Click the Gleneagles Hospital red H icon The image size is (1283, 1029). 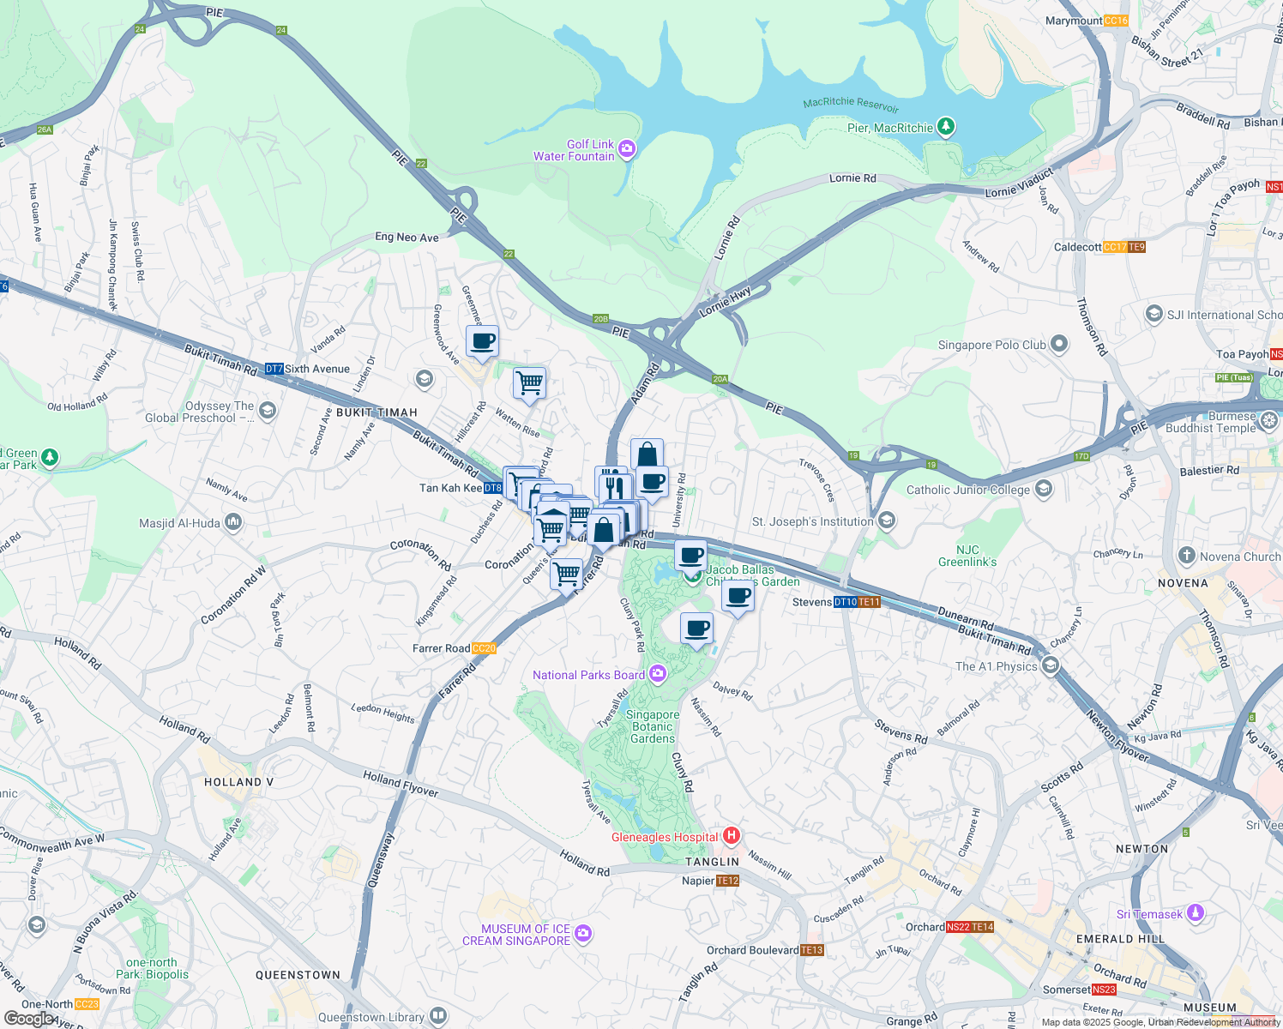tap(732, 835)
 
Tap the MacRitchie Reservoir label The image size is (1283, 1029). tap(851, 105)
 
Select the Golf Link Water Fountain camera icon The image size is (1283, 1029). tap(627, 149)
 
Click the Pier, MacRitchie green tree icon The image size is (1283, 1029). tap(946, 127)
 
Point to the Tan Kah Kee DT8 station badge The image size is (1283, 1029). tap(492, 488)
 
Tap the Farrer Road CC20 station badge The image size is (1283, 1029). tap(484, 648)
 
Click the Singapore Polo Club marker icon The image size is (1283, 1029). tap(1059, 345)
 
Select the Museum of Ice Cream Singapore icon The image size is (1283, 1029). tap(583, 933)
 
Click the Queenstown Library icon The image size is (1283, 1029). tap(438, 1017)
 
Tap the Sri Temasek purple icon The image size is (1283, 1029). tap(1195, 913)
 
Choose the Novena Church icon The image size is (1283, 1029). tap(1187, 556)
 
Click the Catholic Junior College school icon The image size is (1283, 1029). tap(1043, 490)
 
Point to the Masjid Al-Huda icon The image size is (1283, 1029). tap(233, 522)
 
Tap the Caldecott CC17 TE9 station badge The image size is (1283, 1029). tap(1124, 247)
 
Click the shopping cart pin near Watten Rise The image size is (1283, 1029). tap(529, 382)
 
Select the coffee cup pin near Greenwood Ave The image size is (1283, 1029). tap(483, 341)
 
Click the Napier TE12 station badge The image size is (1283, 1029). tap(727, 881)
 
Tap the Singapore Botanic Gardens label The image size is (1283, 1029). tap(653, 726)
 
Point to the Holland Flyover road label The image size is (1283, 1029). tap(401, 784)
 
